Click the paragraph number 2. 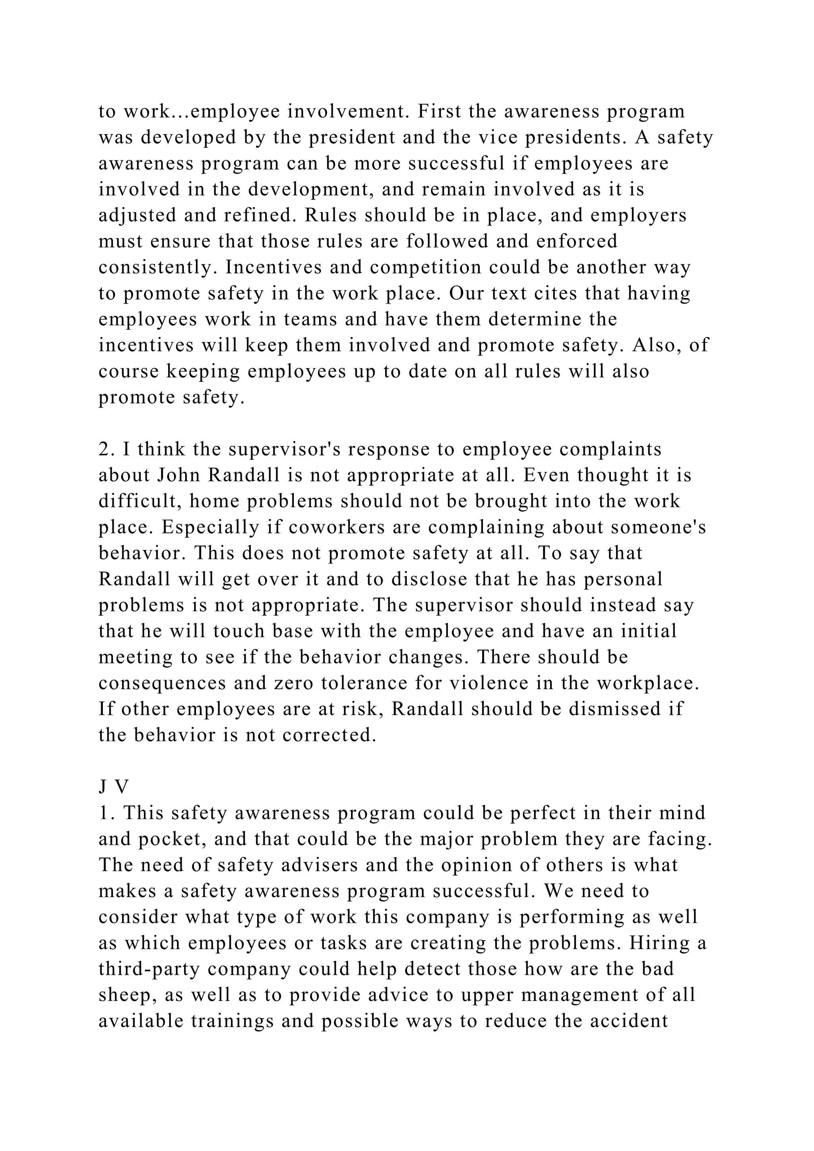point(104,450)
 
